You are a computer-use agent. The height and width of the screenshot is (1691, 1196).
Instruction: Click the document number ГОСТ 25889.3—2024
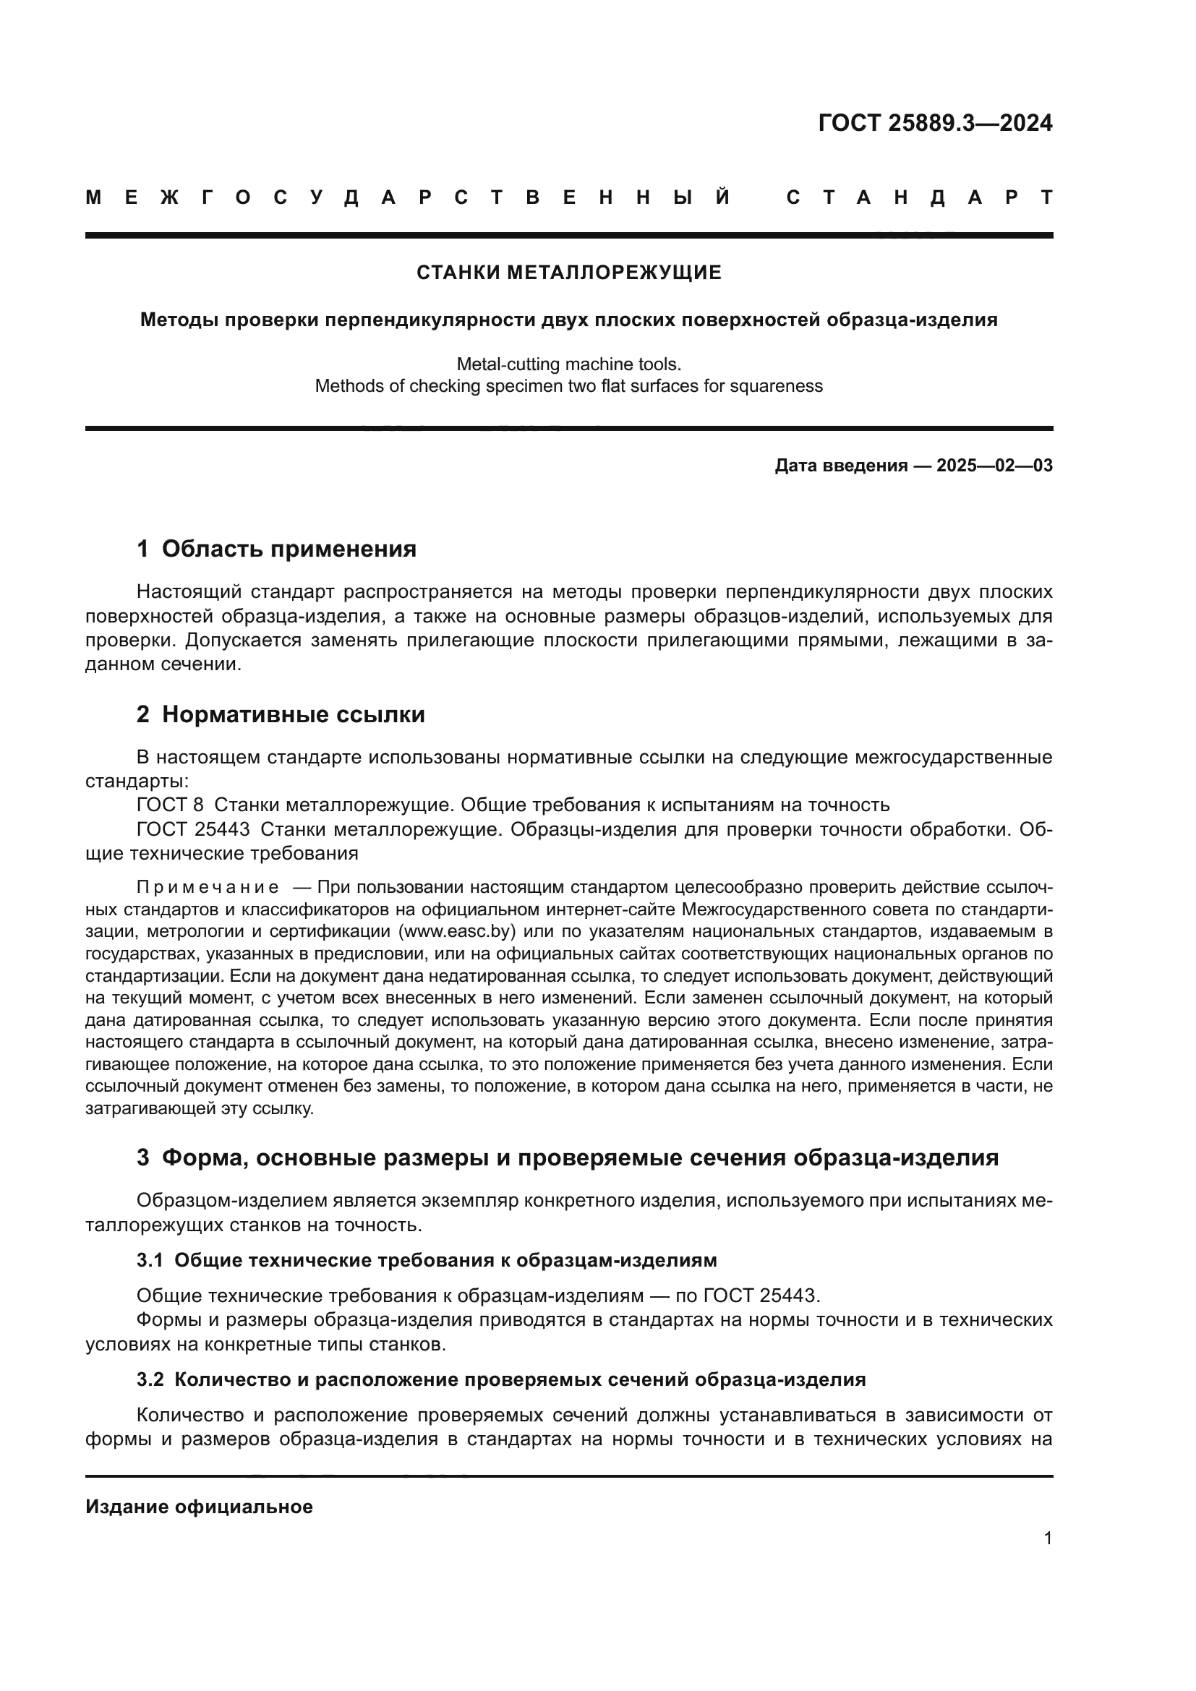tap(934, 123)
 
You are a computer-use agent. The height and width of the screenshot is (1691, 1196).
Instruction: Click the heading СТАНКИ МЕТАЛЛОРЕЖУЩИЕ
tap(568, 273)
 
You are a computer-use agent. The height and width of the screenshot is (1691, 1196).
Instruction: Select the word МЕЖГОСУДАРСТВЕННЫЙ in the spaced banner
tap(409, 198)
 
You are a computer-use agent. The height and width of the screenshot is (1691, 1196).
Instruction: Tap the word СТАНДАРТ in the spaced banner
tap(919, 198)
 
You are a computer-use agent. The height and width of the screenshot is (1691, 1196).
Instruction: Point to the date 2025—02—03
tap(994, 466)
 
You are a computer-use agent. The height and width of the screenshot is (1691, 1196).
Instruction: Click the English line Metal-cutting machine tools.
tap(568, 364)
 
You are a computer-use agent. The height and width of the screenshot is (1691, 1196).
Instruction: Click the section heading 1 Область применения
tap(276, 549)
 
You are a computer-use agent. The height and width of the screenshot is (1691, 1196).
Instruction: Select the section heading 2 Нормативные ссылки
tap(281, 715)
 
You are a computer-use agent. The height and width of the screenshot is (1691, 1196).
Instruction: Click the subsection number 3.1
tap(150, 1261)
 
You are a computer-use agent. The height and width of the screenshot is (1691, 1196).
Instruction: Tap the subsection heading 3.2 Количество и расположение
tap(501, 1380)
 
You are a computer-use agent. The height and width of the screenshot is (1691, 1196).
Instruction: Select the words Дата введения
tap(841, 466)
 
